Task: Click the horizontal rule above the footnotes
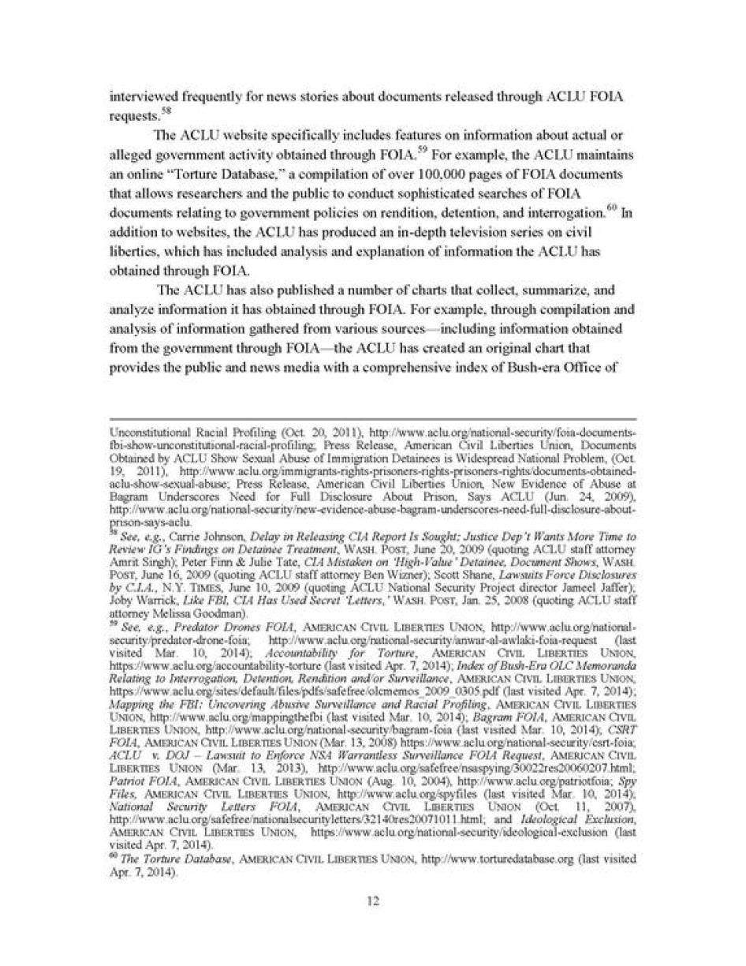coord(372,419)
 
